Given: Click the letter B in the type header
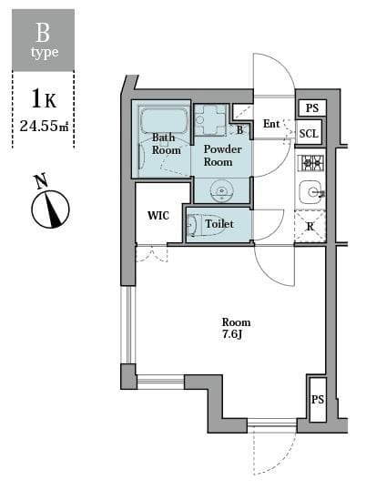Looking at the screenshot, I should click(x=43, y=33).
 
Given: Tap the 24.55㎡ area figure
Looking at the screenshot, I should click(x=44, y=126).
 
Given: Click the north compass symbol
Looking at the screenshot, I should click(x=50, y=210).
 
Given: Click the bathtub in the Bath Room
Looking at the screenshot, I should click(x=164, y=121).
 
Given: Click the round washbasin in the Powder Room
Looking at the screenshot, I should click(x=221, y=190).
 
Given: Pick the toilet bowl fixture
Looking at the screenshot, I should click(x=193, y=224).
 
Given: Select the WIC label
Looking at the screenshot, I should click(x=158, y=216).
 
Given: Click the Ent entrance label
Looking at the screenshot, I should click(x=271, y=124).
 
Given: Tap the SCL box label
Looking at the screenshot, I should click(x=310, y=133).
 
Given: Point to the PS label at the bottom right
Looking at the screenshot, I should click(x=318, y=400).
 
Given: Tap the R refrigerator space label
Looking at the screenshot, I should click(x=310, y=226).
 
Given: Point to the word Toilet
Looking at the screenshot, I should click(x=219, y=224).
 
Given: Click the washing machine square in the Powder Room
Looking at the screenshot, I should click(x=211, y=119).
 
